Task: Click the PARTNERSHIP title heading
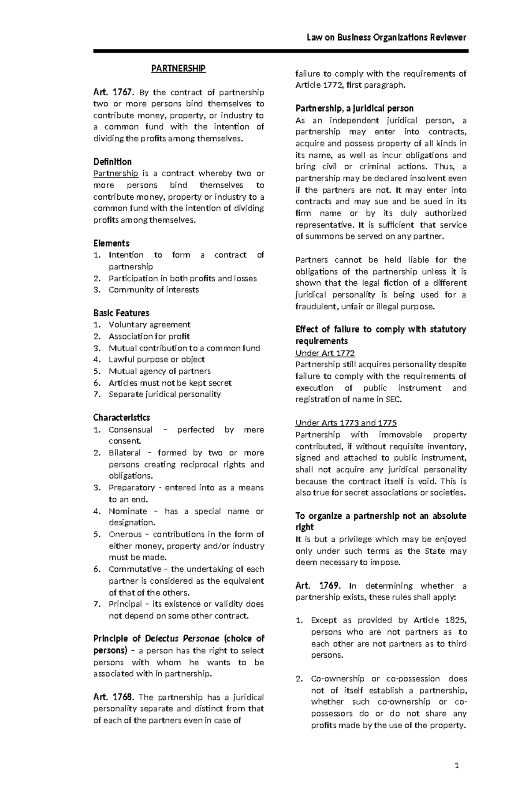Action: (178, 68)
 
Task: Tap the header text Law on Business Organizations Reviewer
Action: (386, 37)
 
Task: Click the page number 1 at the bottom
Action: (457, 765)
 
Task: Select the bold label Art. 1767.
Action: (113, 93)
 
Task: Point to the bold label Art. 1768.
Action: (113, 697)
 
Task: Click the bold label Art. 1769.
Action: (318, 585)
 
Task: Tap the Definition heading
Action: (112, 162)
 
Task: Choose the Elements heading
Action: (111, 243)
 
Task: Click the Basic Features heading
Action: (121, 313)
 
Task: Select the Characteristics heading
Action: (122, 418)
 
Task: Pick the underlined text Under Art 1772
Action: (325, 353)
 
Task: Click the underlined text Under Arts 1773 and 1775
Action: (346, 423)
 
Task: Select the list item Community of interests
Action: (153, 290)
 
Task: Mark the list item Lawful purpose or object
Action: (156, 359)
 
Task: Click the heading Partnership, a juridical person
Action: (354, 108)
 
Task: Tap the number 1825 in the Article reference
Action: (455, 620)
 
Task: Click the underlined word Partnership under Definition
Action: (115, 173)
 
